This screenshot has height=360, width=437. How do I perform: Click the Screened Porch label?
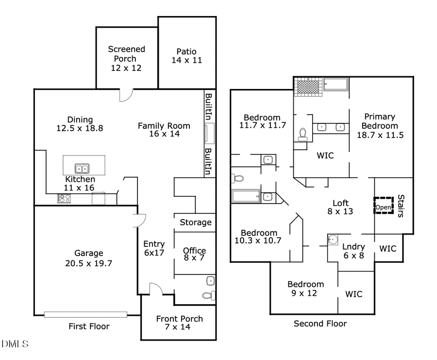[x=126, y=58]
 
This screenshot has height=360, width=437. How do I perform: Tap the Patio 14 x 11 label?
[x=186, y=56]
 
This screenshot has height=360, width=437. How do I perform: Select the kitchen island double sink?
[x=82, y=169]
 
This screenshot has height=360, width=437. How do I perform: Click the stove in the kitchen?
[x=64, y=198]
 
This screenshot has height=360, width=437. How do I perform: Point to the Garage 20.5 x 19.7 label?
[x=88, y=257]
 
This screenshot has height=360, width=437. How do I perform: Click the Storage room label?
[x=196, y=223]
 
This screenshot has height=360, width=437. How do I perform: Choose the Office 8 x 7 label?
[x=194, y=254]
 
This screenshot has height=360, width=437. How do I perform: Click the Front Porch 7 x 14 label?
[x=179, y=323]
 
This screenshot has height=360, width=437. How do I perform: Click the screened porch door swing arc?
[x=126, y=96]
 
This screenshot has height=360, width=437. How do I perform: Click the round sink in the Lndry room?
[x=332, y=240]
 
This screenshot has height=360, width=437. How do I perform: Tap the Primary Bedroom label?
[x=380, y=126]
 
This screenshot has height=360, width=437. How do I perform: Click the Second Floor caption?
[x=320, y=324]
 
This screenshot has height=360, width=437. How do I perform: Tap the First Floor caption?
[x=89, y=326]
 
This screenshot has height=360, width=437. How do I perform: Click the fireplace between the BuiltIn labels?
[x=209, y=133]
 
